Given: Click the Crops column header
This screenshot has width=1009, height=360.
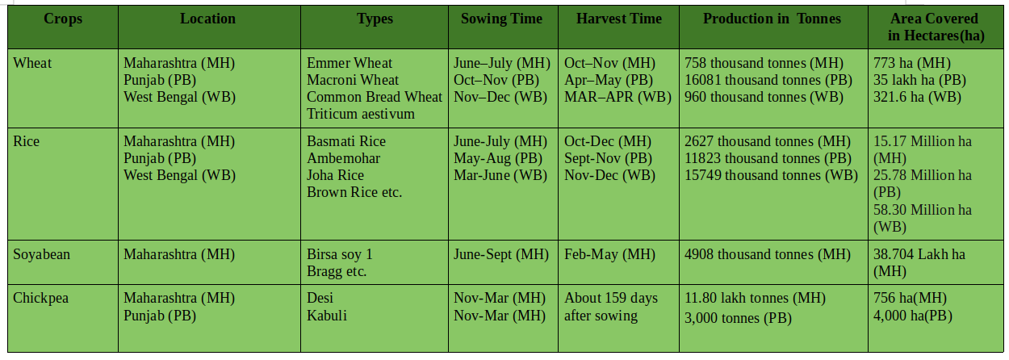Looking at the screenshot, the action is (63, 19).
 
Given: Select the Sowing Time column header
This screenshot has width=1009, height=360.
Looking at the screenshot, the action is (501, 19).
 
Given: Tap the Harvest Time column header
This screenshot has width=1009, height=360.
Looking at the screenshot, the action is (619, 19).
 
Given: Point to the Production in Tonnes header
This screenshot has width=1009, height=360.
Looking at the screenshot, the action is (772, 19).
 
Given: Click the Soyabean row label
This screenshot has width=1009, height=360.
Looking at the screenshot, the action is (41, 254).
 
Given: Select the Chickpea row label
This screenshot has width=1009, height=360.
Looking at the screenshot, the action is (40, 299).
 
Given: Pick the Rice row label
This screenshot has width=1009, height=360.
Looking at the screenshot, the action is (26, 141).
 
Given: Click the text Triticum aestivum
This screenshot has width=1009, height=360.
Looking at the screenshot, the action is (360, 114).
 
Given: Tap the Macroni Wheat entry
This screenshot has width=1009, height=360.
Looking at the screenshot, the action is (353, 80).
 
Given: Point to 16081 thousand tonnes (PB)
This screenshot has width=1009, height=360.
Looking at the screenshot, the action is (768, 80).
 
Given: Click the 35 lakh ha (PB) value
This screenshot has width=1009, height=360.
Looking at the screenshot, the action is (920, 80).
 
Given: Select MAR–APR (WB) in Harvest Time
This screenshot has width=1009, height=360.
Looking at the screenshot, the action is (618, 98).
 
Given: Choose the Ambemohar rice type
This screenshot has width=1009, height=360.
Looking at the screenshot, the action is (343, 158).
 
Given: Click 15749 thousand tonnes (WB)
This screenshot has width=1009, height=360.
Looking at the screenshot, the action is (771, 175).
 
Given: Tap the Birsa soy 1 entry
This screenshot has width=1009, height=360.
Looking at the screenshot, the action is (340, 254).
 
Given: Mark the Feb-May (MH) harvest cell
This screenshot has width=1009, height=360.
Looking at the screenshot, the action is (610, 254).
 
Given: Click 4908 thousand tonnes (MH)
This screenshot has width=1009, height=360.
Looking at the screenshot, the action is (768, 254).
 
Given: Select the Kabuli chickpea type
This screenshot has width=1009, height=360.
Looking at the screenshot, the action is (327, 316).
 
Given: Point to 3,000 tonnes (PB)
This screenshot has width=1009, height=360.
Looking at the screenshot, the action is (739, 318).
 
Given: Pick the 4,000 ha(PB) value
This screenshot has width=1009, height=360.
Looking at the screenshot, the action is (913, 316).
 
